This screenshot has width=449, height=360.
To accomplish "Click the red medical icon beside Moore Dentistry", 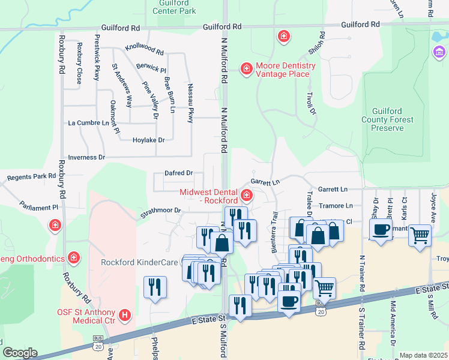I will tap(246, 70).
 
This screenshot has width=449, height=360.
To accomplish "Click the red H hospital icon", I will tap(125, 314).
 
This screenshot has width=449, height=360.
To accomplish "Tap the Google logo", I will tap(20, 353).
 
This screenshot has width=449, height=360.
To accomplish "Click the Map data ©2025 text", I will tap(423, 355).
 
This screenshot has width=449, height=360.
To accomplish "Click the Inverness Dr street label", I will tap(86, 157).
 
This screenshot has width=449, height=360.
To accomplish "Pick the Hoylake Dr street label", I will tap(148, 140).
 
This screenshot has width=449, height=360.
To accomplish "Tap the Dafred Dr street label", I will tap(179, 173).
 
